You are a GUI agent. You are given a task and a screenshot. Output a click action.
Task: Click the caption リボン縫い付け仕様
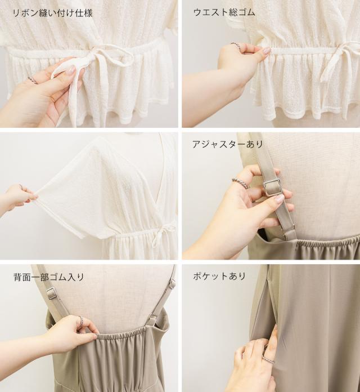tap(53, 13)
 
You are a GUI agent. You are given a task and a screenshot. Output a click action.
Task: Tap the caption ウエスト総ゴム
tap(224, 12)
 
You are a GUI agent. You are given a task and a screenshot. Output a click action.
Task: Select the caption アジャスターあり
tap(227, 144)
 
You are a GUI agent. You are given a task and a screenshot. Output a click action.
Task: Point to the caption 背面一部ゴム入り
tap(49, 277)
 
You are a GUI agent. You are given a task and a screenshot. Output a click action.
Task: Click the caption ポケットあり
tap(219, 276)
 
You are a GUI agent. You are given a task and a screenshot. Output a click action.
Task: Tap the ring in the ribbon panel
tap(33, 80)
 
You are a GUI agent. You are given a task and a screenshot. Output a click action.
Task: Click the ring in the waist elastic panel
tap(236, 46)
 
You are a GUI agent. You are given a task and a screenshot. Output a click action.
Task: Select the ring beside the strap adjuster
tap(240, 184)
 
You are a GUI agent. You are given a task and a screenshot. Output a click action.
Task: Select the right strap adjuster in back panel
tap(172, 284)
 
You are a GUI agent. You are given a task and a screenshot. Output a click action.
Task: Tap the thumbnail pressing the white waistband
tap(267, 51)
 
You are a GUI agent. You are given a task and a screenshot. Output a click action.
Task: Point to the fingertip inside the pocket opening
tap(275, 329)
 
